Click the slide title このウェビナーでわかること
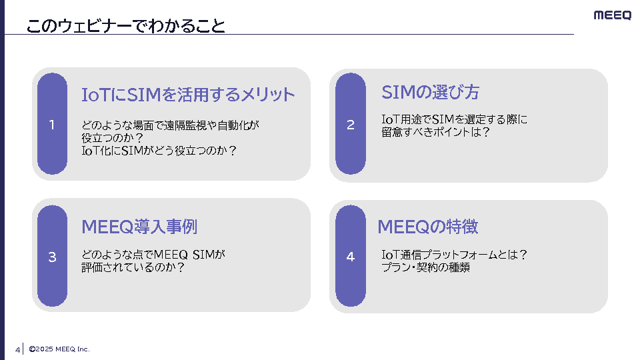tap(125, 26)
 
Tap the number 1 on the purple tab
tap(52, 125)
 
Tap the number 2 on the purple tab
tap(351, 125)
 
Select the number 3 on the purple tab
tap(52, 257)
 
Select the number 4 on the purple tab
tap(351, 257)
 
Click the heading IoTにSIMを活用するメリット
tap(188, 95)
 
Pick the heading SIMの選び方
tap(430, 92)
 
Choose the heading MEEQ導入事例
tap(139, 227)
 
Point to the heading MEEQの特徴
tap(428, 227)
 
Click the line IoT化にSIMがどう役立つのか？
tap(159, 151)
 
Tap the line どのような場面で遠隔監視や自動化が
tap(170, 125)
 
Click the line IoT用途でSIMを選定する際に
tap(454, 119)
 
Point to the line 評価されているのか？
tap(133, 267)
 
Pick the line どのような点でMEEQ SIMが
tap(154, 254)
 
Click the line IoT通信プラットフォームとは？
tap(454, 254)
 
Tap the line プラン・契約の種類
tap(426, 267)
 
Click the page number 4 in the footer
tap(17, 349)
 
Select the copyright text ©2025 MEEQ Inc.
tap(59, 349)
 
